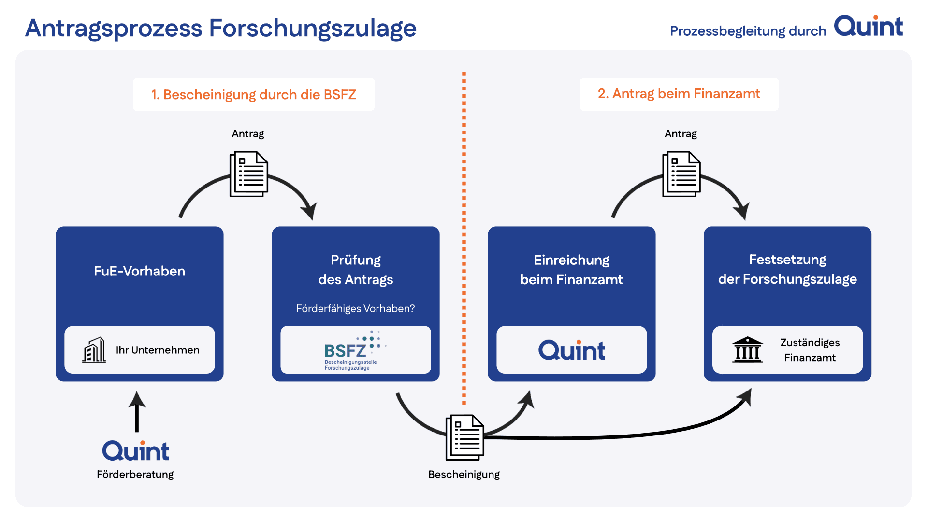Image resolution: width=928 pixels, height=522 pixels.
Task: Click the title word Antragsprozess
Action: coord(114,28)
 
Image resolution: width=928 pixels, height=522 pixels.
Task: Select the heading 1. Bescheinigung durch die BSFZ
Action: coord(254,94)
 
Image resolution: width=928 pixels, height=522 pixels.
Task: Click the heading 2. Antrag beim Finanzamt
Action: coord(679,94)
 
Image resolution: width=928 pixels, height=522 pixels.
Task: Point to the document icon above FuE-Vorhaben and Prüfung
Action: coord(249,174)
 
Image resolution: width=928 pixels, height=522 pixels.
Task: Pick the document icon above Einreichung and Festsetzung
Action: coord(681,174)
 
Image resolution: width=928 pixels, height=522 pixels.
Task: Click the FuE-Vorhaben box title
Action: coord(140,271)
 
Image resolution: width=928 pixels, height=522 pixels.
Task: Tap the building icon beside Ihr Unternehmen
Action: coord(94,350)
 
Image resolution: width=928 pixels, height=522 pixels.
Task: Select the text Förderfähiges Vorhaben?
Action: coord(356,308)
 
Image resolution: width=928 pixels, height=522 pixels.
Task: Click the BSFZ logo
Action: coord(355,350)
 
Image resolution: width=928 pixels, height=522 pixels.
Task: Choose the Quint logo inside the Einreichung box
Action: coord(572,350)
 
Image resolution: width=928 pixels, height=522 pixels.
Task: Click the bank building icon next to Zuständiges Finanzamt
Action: coord(748,349)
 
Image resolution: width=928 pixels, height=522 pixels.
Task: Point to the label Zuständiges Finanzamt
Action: coord(810,350)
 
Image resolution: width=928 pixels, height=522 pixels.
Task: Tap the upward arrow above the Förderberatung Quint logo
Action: coord(137,411)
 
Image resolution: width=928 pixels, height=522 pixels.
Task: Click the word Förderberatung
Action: coord(135,474)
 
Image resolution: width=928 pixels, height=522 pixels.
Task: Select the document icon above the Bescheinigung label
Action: coord(465,437)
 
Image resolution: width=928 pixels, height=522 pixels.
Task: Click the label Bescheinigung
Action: coord(464,474)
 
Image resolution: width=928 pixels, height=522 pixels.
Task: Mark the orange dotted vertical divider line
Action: coord(464,238)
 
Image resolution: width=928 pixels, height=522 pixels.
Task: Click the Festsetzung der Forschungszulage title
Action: coord(788,269)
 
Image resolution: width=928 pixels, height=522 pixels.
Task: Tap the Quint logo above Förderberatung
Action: coord(136,450)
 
